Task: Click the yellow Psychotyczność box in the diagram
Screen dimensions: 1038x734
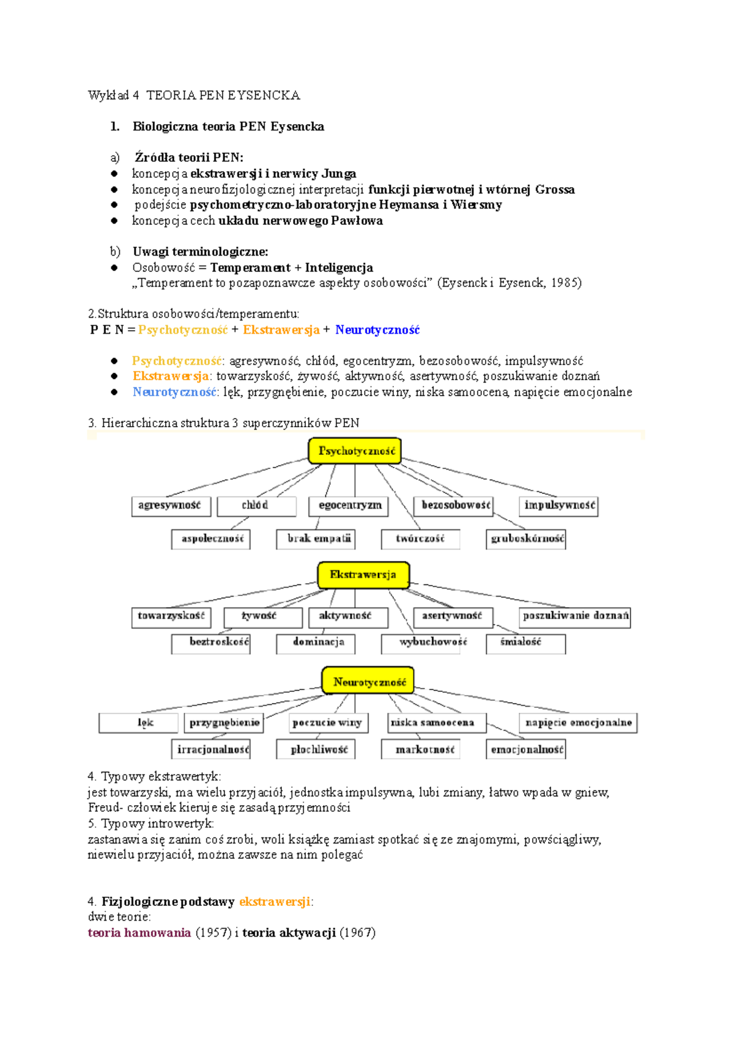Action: [x=355, y=451]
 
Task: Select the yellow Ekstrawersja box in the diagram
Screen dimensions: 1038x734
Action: [x=363, y=575]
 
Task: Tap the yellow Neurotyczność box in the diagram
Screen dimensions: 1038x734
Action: [x=368, y=681]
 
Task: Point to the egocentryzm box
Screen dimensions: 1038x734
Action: [x=349, y=506]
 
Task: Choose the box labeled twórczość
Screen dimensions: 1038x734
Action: [x=420, y=539]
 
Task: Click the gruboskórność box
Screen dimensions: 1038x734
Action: [x=526, y=539]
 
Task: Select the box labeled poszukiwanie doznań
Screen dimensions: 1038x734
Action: [x=575, y=616]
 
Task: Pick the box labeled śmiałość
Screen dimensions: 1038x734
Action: [x=525, y=642]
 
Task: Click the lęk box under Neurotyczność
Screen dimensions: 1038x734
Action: [x=139, y=723]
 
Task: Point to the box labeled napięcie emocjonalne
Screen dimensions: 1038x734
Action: [x=578, y=723]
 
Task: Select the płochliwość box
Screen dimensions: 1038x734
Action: [x=316, y=749]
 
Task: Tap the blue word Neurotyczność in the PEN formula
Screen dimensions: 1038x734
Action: [x=377, y=330]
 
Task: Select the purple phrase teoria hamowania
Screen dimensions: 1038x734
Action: [x=139, y=933]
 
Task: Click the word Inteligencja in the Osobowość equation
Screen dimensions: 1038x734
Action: [x=339, y=268]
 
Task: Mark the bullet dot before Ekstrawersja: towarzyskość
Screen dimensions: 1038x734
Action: [x=114, y=377]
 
